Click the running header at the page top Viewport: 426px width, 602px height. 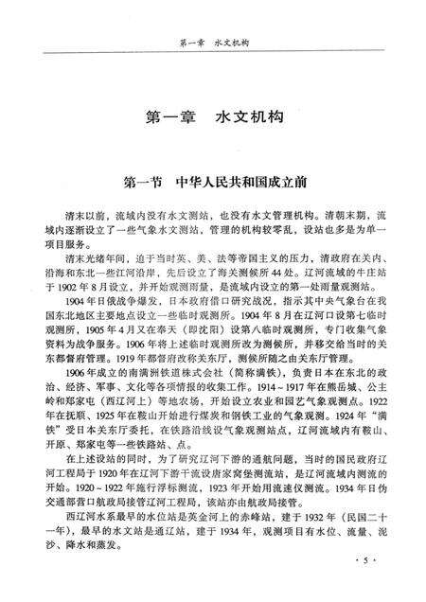(212, 43)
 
